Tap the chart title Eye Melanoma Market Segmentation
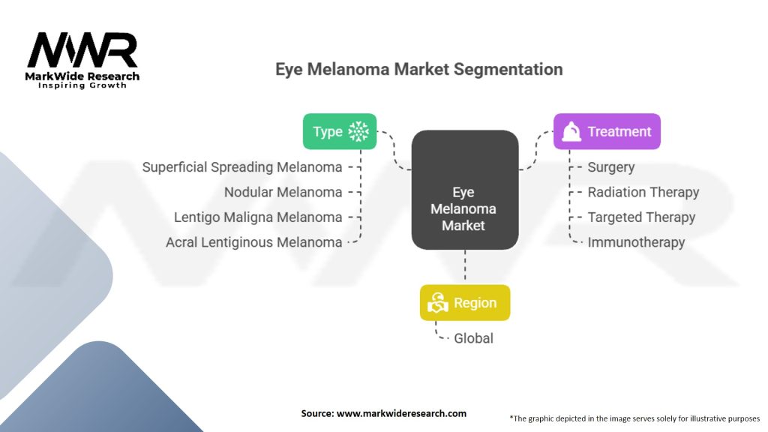pyautogui.click(x=418, y=70)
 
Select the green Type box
pyautogui.click(x=340, y=131)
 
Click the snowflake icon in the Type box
pyautogui.click(x=359, y=131)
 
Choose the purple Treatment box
pyautogui.click(x=607, y=131)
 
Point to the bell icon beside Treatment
pyautogui.click(x=571, y=132)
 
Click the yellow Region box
pyautogui.click(x=465, y=303)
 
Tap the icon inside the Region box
pyautogui.click(x=438, y=303)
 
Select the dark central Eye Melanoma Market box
pyautogui.click(x=464, y=190)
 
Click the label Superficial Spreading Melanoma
pyautogui.click(x=242, y=167)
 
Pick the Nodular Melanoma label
pyautogui.click(x=283, y=192)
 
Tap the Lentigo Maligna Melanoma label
pyautogui.click(x=258, y=217)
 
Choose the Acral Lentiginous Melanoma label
pyautogui.click(x=254, y=242)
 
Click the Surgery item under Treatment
pyautogui.click(x=610, y=167)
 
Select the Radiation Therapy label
pyautogui.click(x=643, y=192)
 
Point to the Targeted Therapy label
pyautogui.click(x=641, y=217)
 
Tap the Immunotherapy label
pyautogui.click(x=636, y=242)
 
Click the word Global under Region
pyautogui.click(x=473, y=338)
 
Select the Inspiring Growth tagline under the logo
pyautogui.click(x=82, y=85)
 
